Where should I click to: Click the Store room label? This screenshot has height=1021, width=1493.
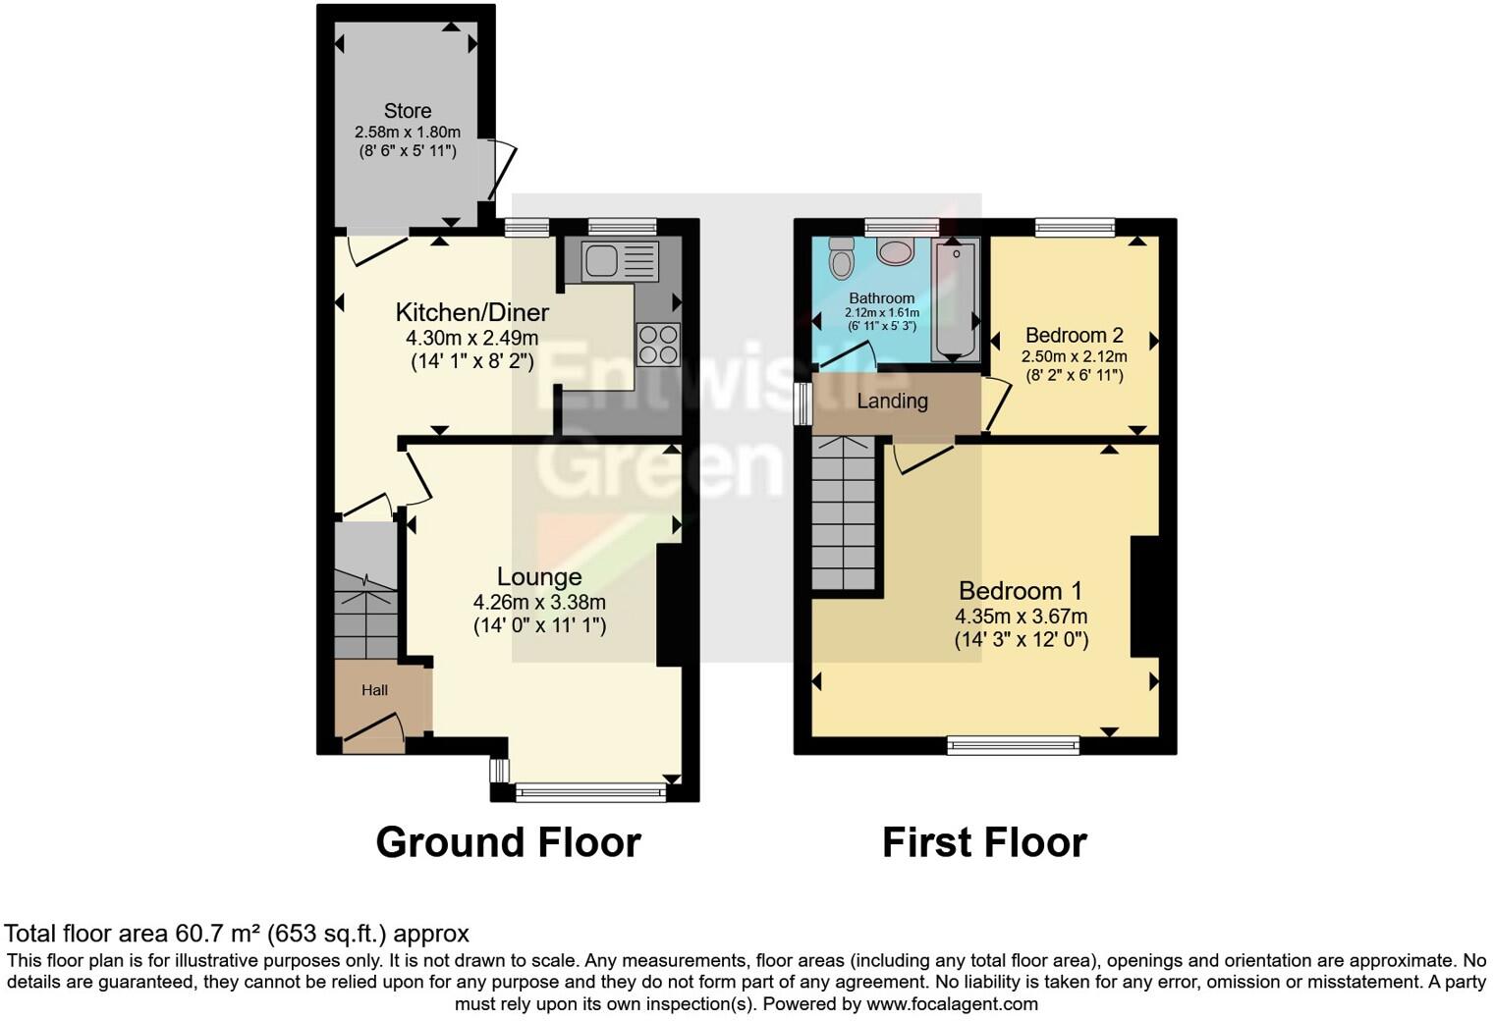(407, 111)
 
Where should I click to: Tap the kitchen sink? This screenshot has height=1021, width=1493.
(619, 261)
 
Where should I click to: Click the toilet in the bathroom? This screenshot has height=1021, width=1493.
(842, 258)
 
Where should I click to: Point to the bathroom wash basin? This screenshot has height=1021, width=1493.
(896, 251)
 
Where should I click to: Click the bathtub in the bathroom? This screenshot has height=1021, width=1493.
(955, 298)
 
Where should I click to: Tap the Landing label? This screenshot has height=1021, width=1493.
(892, 401)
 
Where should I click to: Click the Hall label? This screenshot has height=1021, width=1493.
(374, 690)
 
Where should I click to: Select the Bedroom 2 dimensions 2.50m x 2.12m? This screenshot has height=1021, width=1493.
(1075, 356)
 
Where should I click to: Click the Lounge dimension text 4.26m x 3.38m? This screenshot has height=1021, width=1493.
(539, 602)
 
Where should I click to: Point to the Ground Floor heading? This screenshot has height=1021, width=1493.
(508, 842)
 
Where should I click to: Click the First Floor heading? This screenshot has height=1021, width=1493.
(984, 842)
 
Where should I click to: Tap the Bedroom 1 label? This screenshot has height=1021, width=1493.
(1021, 591)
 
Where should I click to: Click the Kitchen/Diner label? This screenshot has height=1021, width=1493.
(471, 313)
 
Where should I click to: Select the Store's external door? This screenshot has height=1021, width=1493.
(499, 169)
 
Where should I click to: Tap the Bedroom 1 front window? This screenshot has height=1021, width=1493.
(1013, 746)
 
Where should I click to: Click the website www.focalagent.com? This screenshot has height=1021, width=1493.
(952, 1004)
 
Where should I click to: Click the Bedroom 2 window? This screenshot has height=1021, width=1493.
(1075, 228)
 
